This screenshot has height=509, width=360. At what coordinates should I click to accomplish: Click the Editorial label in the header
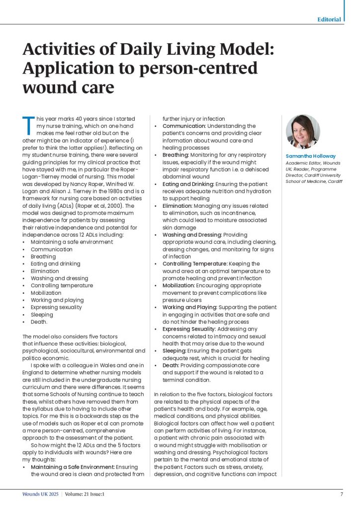pyautogui.click(x=329, y=19)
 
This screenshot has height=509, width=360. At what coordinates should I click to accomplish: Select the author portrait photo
pyautogui.click(x=303, y=131)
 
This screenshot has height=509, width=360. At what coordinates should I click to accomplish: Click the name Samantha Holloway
pyautogui.click(x=310, y=156)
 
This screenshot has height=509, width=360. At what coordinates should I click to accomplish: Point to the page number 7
pyautogui.click(x=342, y=495)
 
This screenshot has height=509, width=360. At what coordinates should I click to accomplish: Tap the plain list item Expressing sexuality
pyautogui.click(x=56, y=307)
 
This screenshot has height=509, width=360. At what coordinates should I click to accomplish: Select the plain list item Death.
pyautogui.click(x=39, y=322)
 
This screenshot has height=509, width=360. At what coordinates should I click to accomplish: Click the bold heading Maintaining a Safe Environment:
pyautogui.click(x=73, y=467)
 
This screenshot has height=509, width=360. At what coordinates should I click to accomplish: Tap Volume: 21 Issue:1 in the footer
pyautogui.click(x=84, y=495)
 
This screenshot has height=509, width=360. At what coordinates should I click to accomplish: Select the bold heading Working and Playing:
pyautogui.click(x=190, y=307)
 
